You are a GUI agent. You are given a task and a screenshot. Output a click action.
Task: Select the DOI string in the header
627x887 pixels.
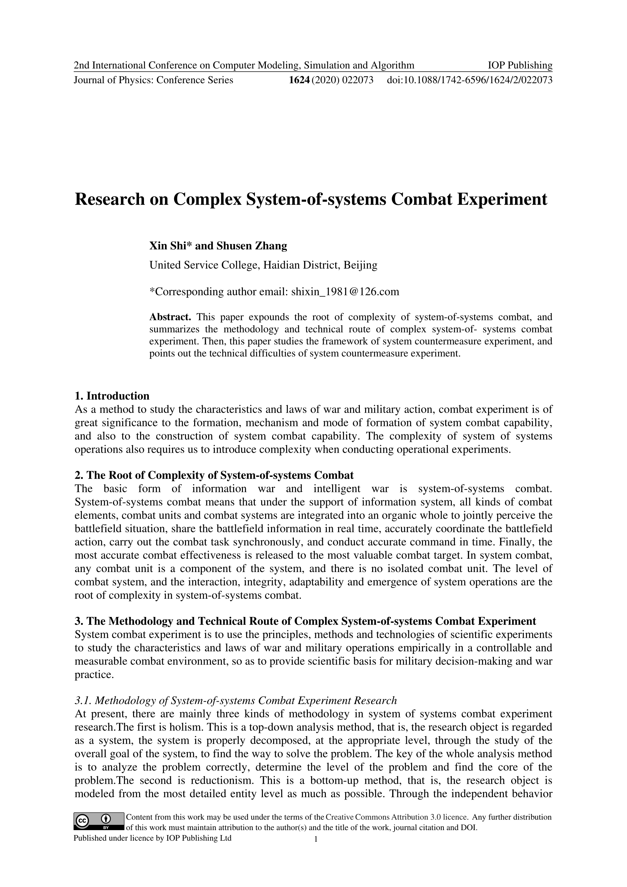(x=469, y=80)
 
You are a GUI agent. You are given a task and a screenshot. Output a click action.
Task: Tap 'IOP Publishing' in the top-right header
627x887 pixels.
(x=520, y=65)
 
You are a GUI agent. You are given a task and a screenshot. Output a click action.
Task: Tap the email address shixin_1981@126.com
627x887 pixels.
(x=345, y=291)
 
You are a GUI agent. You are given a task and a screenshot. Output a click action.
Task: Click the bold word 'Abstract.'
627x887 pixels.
(x=170, y=317)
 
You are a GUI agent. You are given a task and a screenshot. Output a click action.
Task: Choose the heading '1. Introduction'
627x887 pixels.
(x=112, y=396)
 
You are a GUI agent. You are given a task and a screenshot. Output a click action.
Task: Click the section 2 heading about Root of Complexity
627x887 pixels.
(x=214, y=475)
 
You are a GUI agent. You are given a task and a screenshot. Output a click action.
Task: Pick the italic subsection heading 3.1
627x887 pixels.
(x=236, y=701)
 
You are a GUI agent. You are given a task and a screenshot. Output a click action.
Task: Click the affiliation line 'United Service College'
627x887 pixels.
(x=263, y=265)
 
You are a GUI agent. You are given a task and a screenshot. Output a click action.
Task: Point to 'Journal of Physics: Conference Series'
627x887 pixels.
(x=153, y=80)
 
